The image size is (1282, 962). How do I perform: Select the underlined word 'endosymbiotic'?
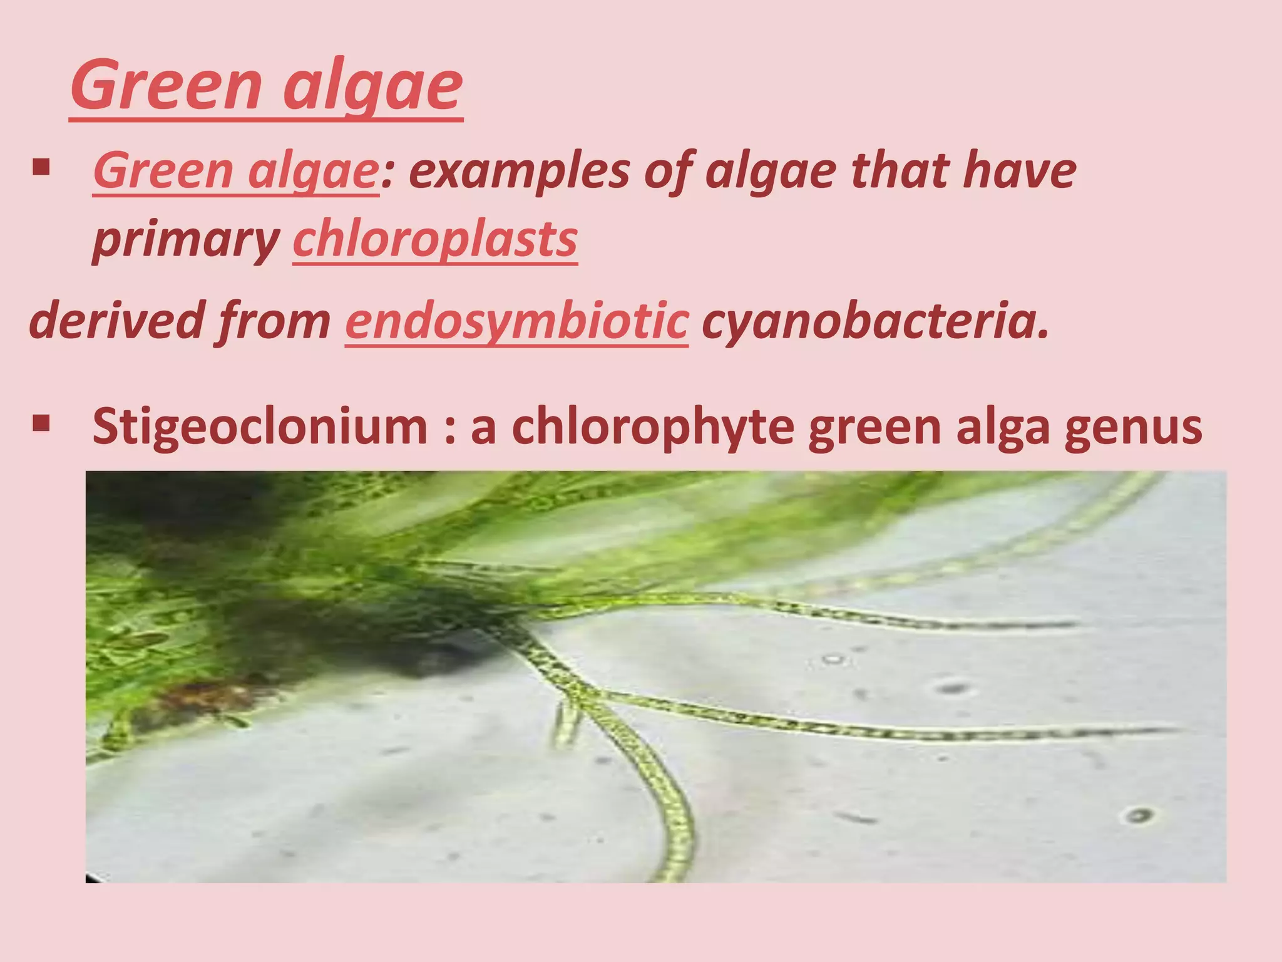[x=516, y=321]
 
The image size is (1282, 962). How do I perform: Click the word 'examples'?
[x=519, y=172]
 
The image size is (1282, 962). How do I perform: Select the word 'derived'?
[x=116, y=321]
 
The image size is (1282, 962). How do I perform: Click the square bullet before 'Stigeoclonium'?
[x=41, y=424]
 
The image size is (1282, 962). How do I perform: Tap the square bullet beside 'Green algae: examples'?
[x=41, y=167]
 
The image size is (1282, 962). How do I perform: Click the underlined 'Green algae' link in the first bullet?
[x=235, y=172]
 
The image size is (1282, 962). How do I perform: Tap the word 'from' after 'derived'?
[x=273, y=321]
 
